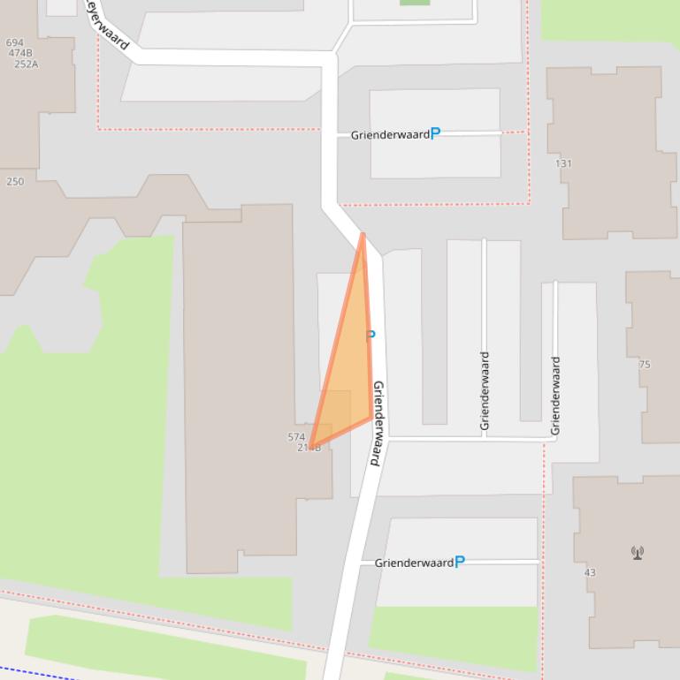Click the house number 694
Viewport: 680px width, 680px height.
point(14,42)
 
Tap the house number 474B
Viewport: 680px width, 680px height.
point(19,53)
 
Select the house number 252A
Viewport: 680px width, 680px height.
point(27,64)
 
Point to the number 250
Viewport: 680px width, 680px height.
point(15,182)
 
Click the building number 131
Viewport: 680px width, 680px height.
point(563,163)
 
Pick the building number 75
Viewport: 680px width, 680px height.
point(644,364)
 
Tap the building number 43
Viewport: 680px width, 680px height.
point(590,572)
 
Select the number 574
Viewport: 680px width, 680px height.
point(296,437)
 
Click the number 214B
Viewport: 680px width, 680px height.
point(309,448)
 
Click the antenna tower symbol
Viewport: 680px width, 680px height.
point(637,553)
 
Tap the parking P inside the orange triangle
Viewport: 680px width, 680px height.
point(371,335)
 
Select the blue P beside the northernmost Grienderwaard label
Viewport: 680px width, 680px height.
point(435,134)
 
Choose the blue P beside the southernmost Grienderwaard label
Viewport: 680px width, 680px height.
point(459,562)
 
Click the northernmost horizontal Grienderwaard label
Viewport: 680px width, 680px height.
point(390,135)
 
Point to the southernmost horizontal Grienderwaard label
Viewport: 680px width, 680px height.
point(413,563)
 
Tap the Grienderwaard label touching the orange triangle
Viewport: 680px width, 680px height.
point(378,423)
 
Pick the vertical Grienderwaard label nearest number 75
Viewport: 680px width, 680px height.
point(555,395)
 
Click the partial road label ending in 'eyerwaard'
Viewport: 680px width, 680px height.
point(108,25)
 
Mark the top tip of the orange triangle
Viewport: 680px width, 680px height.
point(363,235)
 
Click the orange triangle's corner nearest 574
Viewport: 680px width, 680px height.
point(311,445)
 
